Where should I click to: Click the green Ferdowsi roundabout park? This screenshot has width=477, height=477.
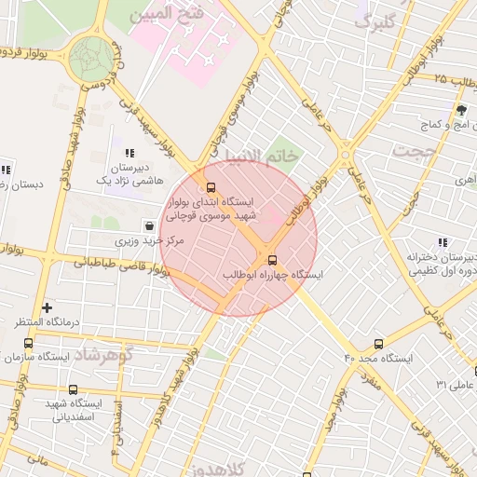click(x=91, y=57)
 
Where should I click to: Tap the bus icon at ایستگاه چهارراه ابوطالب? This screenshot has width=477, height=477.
click(x=272, y=260)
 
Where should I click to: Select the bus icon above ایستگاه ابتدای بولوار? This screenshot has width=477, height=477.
click(x=211, y=185)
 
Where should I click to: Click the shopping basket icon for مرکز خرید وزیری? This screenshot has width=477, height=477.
click(x=150, y=225)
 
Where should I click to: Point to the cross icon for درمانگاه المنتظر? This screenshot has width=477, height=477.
click(x=47, y=307)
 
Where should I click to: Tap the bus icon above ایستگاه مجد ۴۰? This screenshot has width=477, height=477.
click(x=378, y=344)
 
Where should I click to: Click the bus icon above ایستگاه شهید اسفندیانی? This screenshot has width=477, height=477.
click(x=73, y=389)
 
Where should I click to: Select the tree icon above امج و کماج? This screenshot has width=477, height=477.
click(x=460, y=109)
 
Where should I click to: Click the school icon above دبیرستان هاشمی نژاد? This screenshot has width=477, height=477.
click(x=129, y=153)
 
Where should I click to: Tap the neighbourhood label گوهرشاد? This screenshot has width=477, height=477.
click(x=103, y=355)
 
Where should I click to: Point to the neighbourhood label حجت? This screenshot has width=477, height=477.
click(x=415, y=149)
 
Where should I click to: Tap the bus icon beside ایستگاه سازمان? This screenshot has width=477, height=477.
click(x=27, y=344)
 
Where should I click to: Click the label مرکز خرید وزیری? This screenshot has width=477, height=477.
click(x=150, y=240)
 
